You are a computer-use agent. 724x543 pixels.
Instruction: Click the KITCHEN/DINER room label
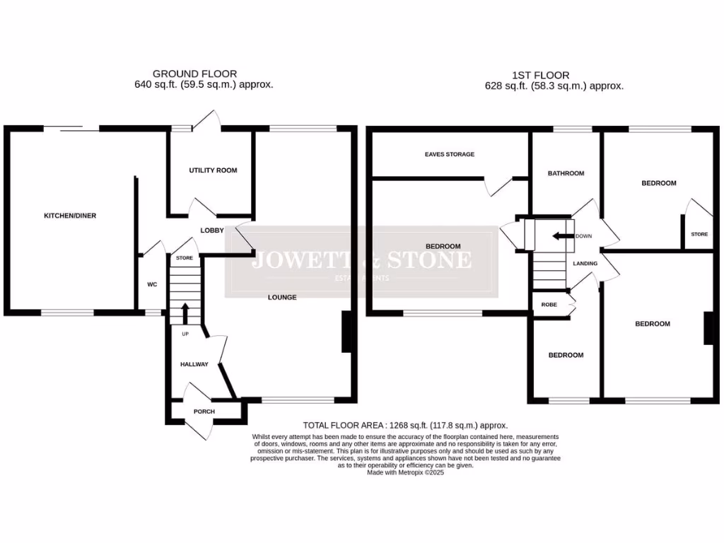[x=70, y=216]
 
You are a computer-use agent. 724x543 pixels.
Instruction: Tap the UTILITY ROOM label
[x=212, y=170]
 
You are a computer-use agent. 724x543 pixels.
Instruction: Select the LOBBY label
[x=212, y=230]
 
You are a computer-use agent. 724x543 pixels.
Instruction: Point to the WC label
[x=151, y=284]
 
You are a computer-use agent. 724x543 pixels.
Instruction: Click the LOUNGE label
[x=282, y=297]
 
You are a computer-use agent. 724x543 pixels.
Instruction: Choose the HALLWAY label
[x=194, y=364]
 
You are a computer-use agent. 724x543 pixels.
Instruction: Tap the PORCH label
[x=204, y=411]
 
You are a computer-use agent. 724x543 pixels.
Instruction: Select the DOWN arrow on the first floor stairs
[x=563, y=236]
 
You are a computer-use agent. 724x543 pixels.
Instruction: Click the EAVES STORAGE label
[x=450, y=154]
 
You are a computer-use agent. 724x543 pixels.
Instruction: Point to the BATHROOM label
[x=566, y=173]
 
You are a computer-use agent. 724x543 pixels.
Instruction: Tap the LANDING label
[x=585, y=264]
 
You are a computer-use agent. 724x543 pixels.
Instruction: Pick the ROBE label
[x=549, y=305]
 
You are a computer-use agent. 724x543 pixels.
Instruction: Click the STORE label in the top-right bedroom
[x=699, y=234]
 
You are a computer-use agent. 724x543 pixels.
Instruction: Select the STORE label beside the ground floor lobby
[x=185, y=258]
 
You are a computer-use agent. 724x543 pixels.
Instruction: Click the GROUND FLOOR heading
[x=194, y=74]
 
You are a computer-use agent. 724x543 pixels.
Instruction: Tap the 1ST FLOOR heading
[x=540, y=75]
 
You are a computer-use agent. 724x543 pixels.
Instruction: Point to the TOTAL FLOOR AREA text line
[x=405, y=426]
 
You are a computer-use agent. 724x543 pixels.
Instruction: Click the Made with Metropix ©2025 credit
[x=405, y=472]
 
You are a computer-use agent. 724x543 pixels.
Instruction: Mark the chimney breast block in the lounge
[x=347, y=332]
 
